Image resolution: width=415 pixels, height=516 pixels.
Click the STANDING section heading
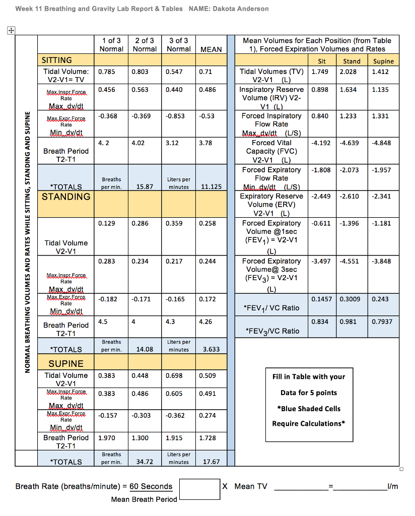click(x=66, y=197)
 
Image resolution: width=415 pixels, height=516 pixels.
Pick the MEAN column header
click(x=211, y=49)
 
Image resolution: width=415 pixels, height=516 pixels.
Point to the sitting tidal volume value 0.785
click(x=106, y=72)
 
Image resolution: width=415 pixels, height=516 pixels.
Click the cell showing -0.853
click(x=176, y=116)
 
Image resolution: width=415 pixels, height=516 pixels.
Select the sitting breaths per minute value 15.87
click(x=145, y=187)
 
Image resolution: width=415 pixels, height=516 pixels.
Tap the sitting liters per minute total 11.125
click(x=211, y=187)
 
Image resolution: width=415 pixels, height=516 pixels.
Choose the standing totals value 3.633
click(x=211, y=349)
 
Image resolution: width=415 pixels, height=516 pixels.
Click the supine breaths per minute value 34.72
click(x=145, y=462)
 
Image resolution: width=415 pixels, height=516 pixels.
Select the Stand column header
click(x=352, y=61)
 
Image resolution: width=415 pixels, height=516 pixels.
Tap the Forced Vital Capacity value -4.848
click(x=381, y=143)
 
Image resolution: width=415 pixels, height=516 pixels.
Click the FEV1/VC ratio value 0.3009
click(x=350, y=299)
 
